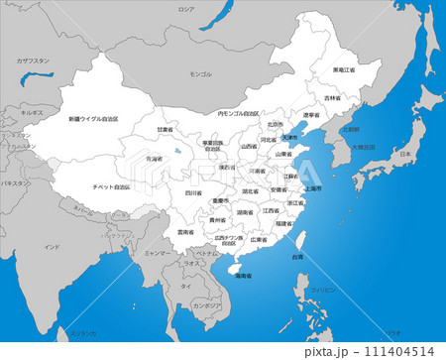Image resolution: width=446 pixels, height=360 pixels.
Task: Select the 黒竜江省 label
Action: (344, 69)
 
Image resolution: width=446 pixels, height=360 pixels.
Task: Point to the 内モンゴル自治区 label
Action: (238, 113)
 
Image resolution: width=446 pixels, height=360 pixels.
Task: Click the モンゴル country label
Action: (201, 74)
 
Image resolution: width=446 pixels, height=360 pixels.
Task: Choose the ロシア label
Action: (185, 8)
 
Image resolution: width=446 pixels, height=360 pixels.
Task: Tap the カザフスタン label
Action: (33, 60)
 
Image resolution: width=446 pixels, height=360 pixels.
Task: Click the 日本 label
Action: (404, 156)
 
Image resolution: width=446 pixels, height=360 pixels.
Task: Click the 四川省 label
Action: (191, 193)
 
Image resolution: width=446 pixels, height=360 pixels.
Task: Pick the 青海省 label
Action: (154, 159)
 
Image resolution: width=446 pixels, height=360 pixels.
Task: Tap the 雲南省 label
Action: (185, 232)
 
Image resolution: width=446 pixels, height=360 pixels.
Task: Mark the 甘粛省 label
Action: (165, 129)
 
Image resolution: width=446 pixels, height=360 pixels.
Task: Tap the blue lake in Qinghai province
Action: (176, 150)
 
